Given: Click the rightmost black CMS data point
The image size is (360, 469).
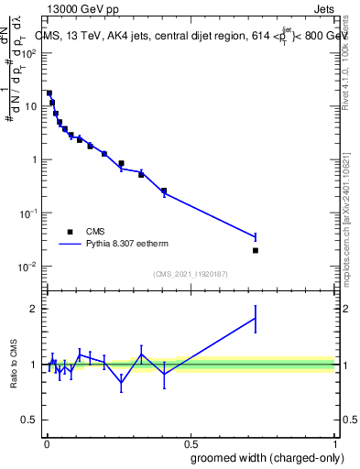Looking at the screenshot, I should (x=256, y=250).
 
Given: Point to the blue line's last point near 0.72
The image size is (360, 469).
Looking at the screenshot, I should (x=256, y=236).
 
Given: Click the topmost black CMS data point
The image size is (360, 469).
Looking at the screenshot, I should (x=49, y=93).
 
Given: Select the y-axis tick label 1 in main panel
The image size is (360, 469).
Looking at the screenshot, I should (x=36, y=159).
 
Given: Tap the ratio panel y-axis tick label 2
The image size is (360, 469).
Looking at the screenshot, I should (x=36, y=309).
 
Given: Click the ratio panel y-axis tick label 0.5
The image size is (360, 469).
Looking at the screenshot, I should (x=31, y=420).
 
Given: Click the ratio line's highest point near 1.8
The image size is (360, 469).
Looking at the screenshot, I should (x=256, y=318).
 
